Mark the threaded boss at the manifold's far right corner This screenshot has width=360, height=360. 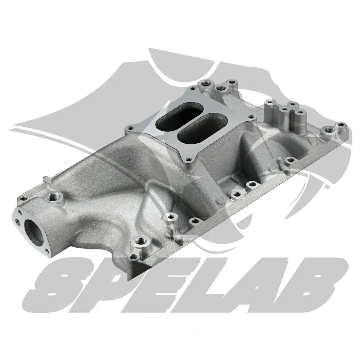point(341,126)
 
